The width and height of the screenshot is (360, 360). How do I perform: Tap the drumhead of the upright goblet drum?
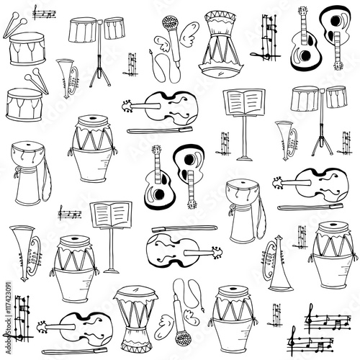tap(135, 292)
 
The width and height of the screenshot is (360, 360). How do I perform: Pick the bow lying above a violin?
tap(173, 230)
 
